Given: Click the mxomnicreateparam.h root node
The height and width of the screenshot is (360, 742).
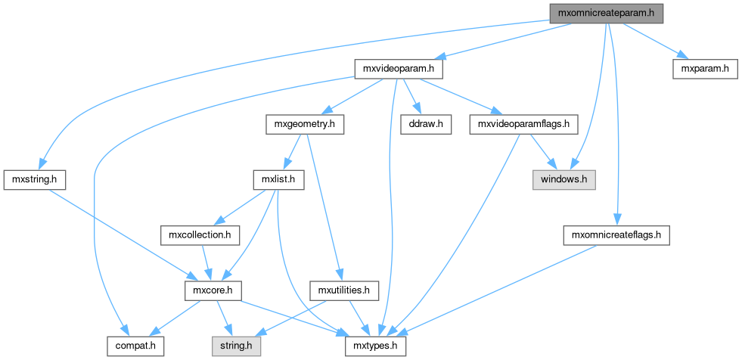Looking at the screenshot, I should [x=606, y=13].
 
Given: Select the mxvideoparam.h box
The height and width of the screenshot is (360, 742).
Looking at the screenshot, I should [x=399, y=69].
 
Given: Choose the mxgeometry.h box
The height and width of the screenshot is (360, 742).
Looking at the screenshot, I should [x=305, y=124].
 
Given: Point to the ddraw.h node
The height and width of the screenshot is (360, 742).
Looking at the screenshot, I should [x=424, y=124].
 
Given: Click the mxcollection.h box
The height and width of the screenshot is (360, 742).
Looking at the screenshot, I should [x=200, y=235].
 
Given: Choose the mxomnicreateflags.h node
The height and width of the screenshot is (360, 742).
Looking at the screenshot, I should [x=616, y=235].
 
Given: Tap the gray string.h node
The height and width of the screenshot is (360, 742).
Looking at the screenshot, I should [x=235, y=346].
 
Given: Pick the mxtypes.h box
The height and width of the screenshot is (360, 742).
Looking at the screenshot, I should [x=376, y=346].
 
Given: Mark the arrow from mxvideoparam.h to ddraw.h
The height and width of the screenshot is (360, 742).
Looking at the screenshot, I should [x=411, y=96].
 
